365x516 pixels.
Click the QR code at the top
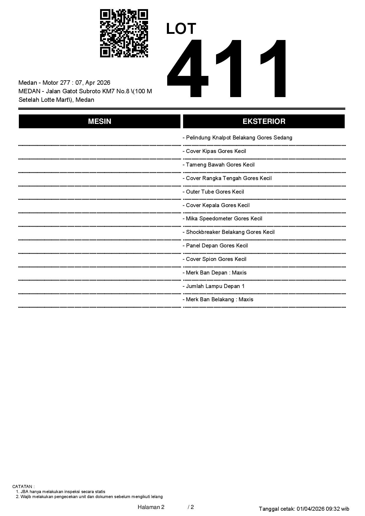tap(124, 33)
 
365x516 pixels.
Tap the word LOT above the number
tap(181, 29)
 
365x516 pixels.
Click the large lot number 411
tap(227, 68)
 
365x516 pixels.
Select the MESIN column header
tap(99, 121)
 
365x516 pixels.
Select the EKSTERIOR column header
tap(264, 121)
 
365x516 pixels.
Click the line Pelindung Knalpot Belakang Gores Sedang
tap(237, 138)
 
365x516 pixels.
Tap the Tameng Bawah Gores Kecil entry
tap(218, 165)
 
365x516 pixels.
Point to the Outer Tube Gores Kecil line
tap(213, 192)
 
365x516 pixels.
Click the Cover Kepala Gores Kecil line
tap(216, 205)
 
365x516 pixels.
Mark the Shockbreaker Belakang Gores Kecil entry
tap(228, 232)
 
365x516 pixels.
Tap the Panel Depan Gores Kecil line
tap(215, 246)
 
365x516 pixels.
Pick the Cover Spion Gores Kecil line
tap(214, 259)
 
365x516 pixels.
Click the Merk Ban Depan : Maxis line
tap(215, 273)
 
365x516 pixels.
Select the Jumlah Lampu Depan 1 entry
tap(213, 286)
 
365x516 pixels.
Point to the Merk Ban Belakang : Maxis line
tap(218, 299)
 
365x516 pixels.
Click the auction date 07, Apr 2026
tap(93, 83)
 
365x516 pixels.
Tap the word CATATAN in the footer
tap(23, 487)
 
